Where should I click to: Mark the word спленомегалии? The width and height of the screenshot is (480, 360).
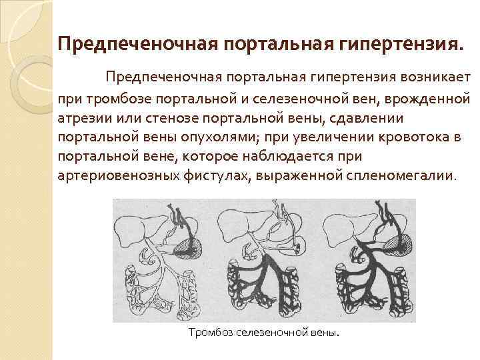(x=401, y=178)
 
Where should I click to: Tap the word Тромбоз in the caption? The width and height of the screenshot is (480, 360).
(x=211, y=332)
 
